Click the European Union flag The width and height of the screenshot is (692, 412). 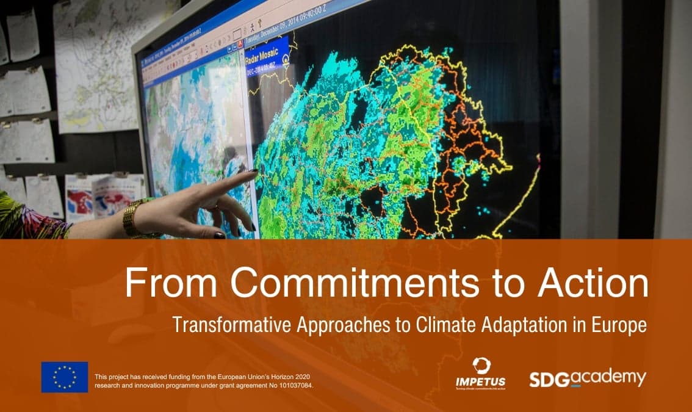[x=65, y=377]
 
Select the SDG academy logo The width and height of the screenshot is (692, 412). [x=587, y=378]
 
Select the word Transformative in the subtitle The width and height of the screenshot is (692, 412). [x=232, y=324]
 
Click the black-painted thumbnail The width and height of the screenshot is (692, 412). [x=219, y=235]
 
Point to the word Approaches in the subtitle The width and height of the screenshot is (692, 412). [x=333, y=324]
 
